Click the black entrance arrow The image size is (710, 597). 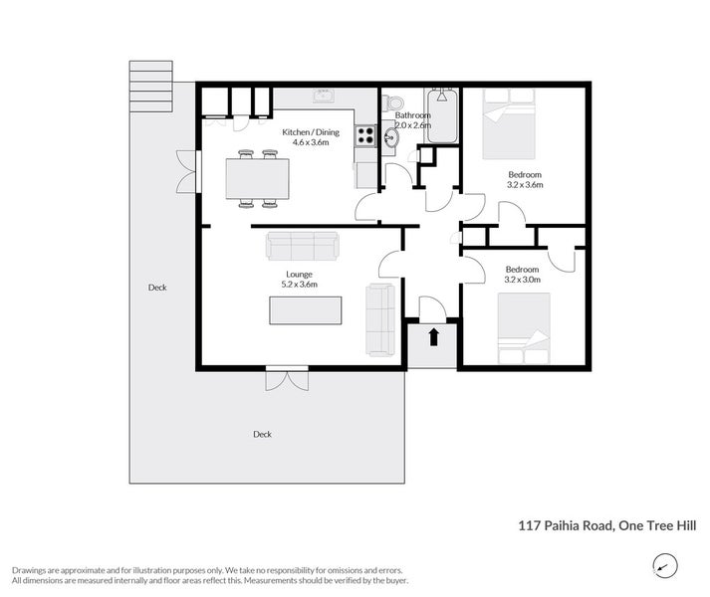coord(434,337)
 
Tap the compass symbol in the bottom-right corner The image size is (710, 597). coord(665,566)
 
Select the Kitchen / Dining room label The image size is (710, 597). coord(311,132)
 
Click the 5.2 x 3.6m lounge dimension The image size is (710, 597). coord(300,285)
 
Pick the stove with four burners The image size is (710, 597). coord(365,135)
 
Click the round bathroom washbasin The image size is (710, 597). coord(390,137)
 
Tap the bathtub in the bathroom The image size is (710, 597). coord(442,115)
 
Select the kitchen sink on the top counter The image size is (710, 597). coord(324,96)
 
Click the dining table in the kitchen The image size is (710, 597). coord(258,179)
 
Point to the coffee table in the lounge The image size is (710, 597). coord(306,310)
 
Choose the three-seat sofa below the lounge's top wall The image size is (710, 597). coord(303,246)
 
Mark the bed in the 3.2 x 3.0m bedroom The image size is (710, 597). coord(524,328)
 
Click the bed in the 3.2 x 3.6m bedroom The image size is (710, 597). coord(510,123)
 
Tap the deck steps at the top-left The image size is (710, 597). coord(150,86)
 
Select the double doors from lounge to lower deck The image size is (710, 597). coord(287,378)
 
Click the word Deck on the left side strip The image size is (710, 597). coord(157,288)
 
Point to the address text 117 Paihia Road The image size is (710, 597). coord(566,525)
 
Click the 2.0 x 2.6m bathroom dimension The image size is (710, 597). coord(413,125)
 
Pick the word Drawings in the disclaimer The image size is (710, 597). coord(28,570)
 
